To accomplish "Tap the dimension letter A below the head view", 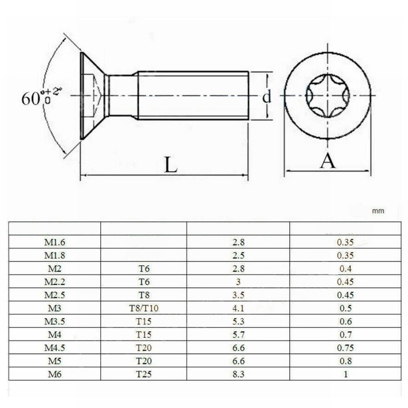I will [x=328, y=161].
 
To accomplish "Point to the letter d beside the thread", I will [x=266, y=97].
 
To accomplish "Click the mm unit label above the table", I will [x=378, y=211].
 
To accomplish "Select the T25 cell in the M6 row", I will [x=144, y=374].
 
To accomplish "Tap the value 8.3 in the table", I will [x=238, y=374].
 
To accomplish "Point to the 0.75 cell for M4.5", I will [x=345, y=348].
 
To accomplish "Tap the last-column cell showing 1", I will [x=345, y=374].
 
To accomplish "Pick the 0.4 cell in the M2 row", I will [x=345, y=269].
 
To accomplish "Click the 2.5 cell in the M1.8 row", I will [x=238, y=256].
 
